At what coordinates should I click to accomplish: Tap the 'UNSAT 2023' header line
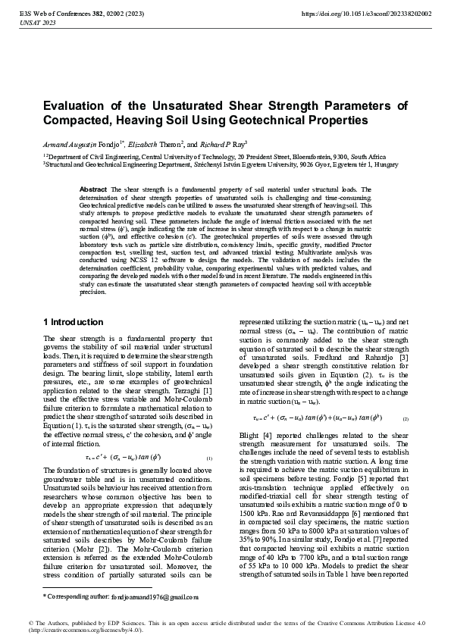(34, 23)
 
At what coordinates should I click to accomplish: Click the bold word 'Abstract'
(93, 189)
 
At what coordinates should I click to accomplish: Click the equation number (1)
(208, 458)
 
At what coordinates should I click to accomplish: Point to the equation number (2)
(406, 418)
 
